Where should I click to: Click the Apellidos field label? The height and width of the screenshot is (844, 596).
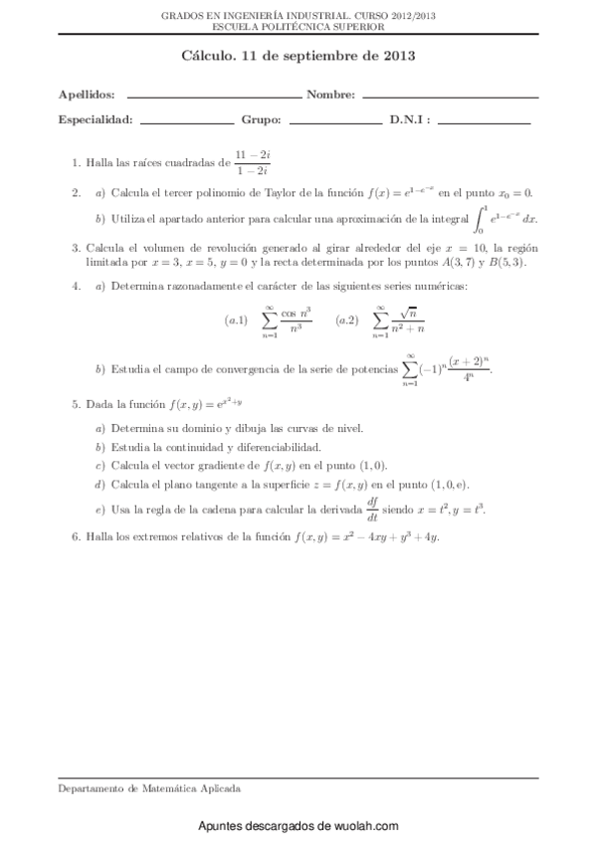[x=87, y=96]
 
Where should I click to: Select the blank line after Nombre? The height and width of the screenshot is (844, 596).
[x=450, y=98]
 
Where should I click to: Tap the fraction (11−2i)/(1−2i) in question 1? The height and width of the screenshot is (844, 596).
[x=244, y=162]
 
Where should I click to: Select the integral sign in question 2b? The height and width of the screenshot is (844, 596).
[x=481, y=218]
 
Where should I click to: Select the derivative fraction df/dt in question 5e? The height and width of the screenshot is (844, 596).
[x=373, y=509]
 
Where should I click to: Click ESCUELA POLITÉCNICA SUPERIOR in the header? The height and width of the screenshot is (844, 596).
[x=298, y=28]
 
